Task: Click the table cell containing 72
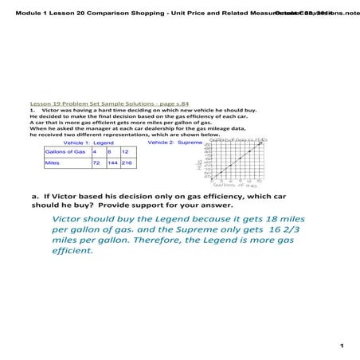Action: [x=97, y=163]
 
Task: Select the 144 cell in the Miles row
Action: [x=112, y=163]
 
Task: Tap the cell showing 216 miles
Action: [x=125, y=163]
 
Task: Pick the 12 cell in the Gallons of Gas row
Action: [x=125, y=151]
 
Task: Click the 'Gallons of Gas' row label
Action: [x=66, y=151]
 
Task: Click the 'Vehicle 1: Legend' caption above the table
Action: [x=88, y=143]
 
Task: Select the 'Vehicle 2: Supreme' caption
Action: [x=170, y=143]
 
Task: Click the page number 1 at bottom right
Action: [x=340, y=346]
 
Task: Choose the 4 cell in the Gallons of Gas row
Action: [x=97, y=151]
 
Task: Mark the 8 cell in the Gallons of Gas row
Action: [x=112, y=151]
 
